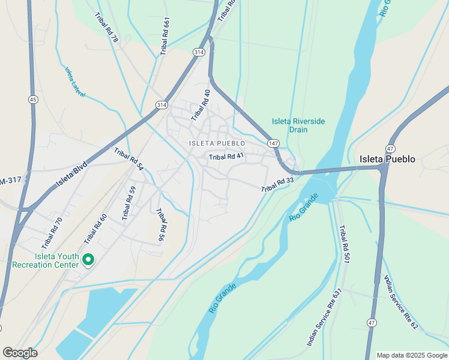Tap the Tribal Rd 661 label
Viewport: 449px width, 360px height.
click(165, 37)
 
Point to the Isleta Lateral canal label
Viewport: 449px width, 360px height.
click(75, 82)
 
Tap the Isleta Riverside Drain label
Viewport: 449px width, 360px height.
click(298, 125)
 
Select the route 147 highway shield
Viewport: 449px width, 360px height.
click(273, 143)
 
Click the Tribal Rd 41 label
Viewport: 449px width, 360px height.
click(226, 157)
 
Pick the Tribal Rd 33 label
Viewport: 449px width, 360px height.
click(277, 185)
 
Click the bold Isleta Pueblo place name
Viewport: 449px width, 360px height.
click(387, 159)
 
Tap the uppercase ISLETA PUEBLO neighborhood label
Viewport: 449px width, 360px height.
click(217, 143)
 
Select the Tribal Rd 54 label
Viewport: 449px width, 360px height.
click(128, 160)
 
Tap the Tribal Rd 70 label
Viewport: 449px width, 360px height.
click(52, 233)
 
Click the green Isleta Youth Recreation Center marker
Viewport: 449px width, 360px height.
click(88, 260)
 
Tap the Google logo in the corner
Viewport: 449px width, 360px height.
click(20, 353)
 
